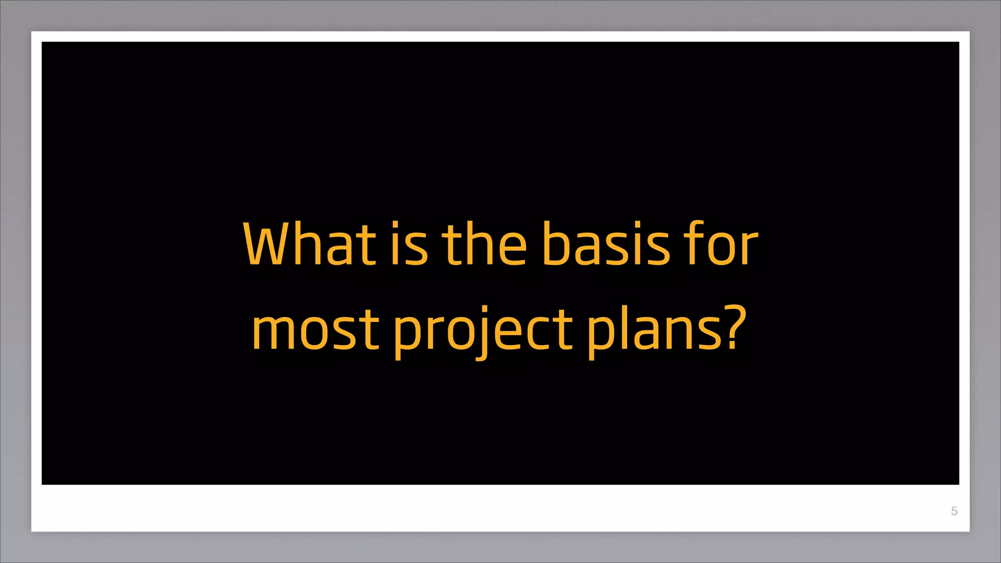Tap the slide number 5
[954, 511]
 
